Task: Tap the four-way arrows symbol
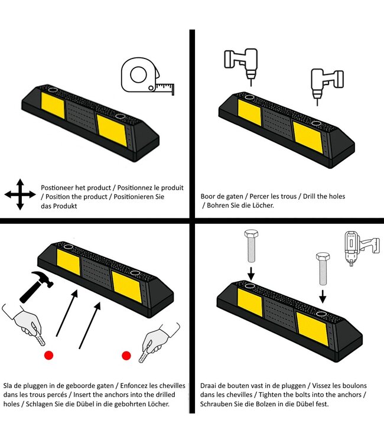coord(20,194)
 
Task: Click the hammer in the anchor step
coord(36,286)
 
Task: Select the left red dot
coord(48,355)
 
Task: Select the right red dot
coord(126,356)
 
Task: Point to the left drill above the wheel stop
coord(241,65)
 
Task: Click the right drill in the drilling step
coord(327,84)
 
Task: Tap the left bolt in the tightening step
coord(251,246)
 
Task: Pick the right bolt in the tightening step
coord(323,269)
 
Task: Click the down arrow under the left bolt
coord(251,273)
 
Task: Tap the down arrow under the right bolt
coord(323,296)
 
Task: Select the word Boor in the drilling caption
coord(207,196)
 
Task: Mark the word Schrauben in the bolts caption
coord(216,404)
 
